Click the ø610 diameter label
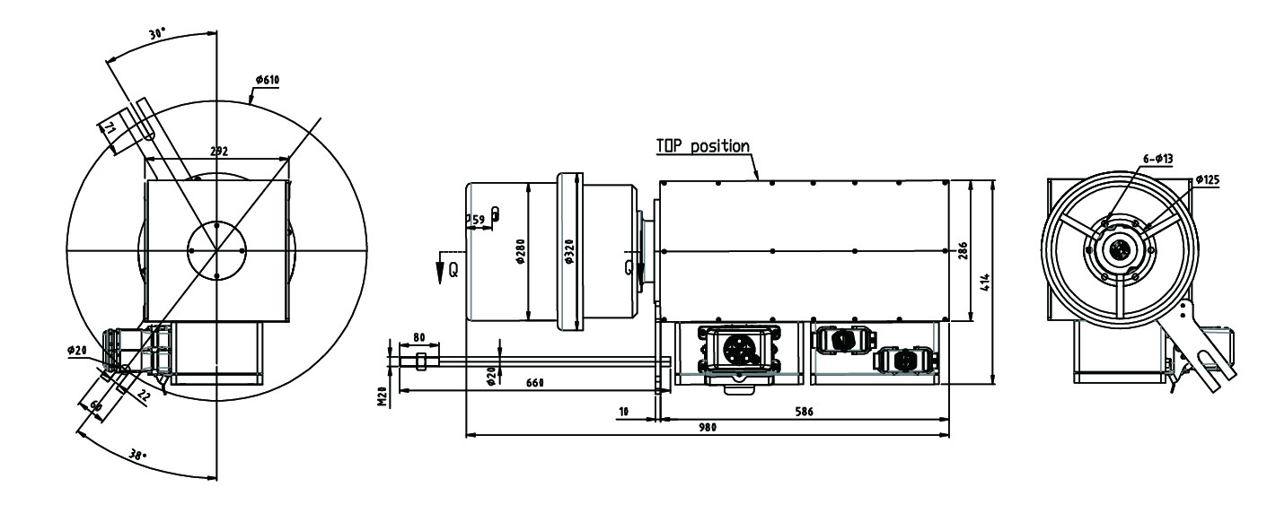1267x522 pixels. click(x=268, y=80)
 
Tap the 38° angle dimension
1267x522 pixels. click(x=136, y=455)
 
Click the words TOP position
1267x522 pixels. click(x=702, y=146)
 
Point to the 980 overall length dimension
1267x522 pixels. click(x=707, y=429)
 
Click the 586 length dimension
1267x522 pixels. click(x=805, y=411)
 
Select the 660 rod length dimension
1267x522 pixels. click(x=535, y=383)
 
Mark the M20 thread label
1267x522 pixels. click(x=381, y=396)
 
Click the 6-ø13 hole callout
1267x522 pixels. click(x=1157, y=158)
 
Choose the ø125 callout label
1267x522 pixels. click(x=1208, y=179)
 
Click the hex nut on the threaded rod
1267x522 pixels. click(x=421, y=361)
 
